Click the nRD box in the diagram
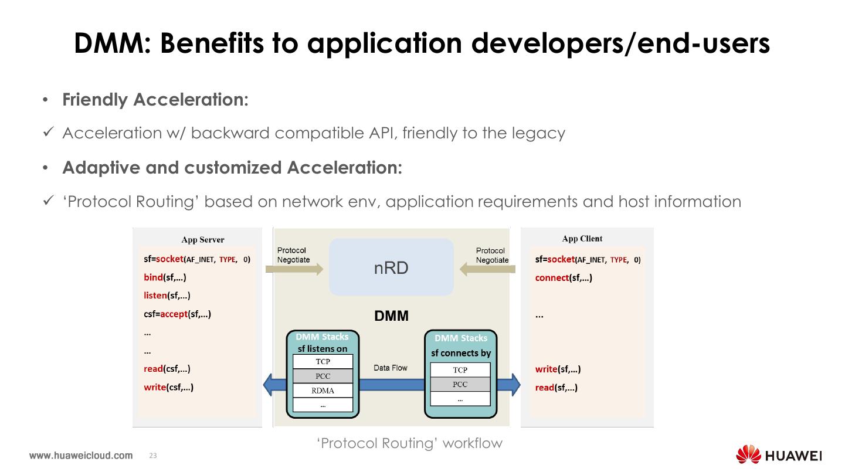pyautogui.click(x=391, y=267)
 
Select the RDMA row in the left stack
pyautogui.click(x=323, y=391)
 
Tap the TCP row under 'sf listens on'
pyautogui.click(x=323, y=362)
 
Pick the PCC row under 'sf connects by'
pyautogui.click(x=460, y=385)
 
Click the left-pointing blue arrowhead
pyautogui.click(x=270, y=385)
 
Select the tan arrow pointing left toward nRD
pyautogui.click(x=487, y=269)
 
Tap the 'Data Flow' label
pyautogui.click(x=390, y=368)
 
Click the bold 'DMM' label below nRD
pyautogui.click(x=391, y=316)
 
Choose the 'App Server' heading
pyautogui.click(x=203, y=239)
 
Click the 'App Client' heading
pyautogui.click(x=582, y=239)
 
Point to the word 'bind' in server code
pyautogui.click(x=153, y=277)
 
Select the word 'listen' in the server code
pyautogui.click(x=155, y=296)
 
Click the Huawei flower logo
pyautogui.click(x=748, y=455)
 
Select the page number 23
pyautogui.click(x=154, y=456)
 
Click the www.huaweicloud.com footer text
pyautogui.click(x=81, y=456)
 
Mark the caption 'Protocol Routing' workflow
pyautogui.click(x=409, y=443)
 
